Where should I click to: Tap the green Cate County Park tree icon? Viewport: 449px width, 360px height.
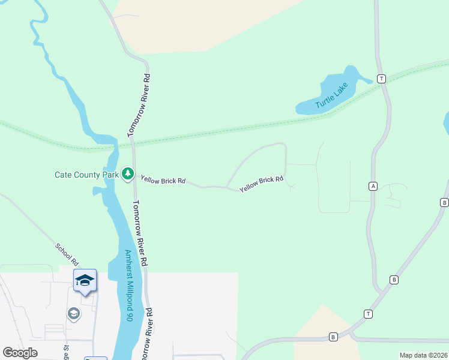pyautogui.click(x=127, y=175)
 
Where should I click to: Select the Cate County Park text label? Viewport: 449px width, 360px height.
pyautogui.click(x=86, y=175)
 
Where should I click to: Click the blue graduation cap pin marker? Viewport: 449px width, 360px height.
pyautogui.click(x=85, y=281)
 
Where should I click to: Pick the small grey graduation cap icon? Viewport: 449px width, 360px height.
pyautogui.click(x=74, y=314)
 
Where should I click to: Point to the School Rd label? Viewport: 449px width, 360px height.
pyautogui.click(x=67, y=254)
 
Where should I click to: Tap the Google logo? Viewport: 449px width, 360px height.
pyautogui.click(x=20, y=353)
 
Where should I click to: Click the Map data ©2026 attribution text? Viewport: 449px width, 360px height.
pyautogui.click(x=424, y=355)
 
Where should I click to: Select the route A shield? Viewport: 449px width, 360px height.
pyautogui.click(x=373, y=187)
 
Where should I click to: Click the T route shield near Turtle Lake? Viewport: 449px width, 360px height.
pyautogui.click(x=381, y=79)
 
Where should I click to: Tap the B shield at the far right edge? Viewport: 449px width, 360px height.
pyautogui.click(x=444, y=202)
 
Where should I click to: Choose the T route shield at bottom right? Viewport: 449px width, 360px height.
pyautogui.click(x=368, y=314)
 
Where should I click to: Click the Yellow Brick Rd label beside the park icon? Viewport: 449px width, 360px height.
pyautogui.click(x=163, y=179)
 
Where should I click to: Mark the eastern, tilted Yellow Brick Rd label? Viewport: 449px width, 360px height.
pyautogui.click(x=261, y=184)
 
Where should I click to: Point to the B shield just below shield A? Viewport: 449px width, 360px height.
pyautogui.click(x=394, y=280)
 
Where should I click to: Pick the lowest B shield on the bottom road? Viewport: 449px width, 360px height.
pyautogui.click(x=333, y=337)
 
